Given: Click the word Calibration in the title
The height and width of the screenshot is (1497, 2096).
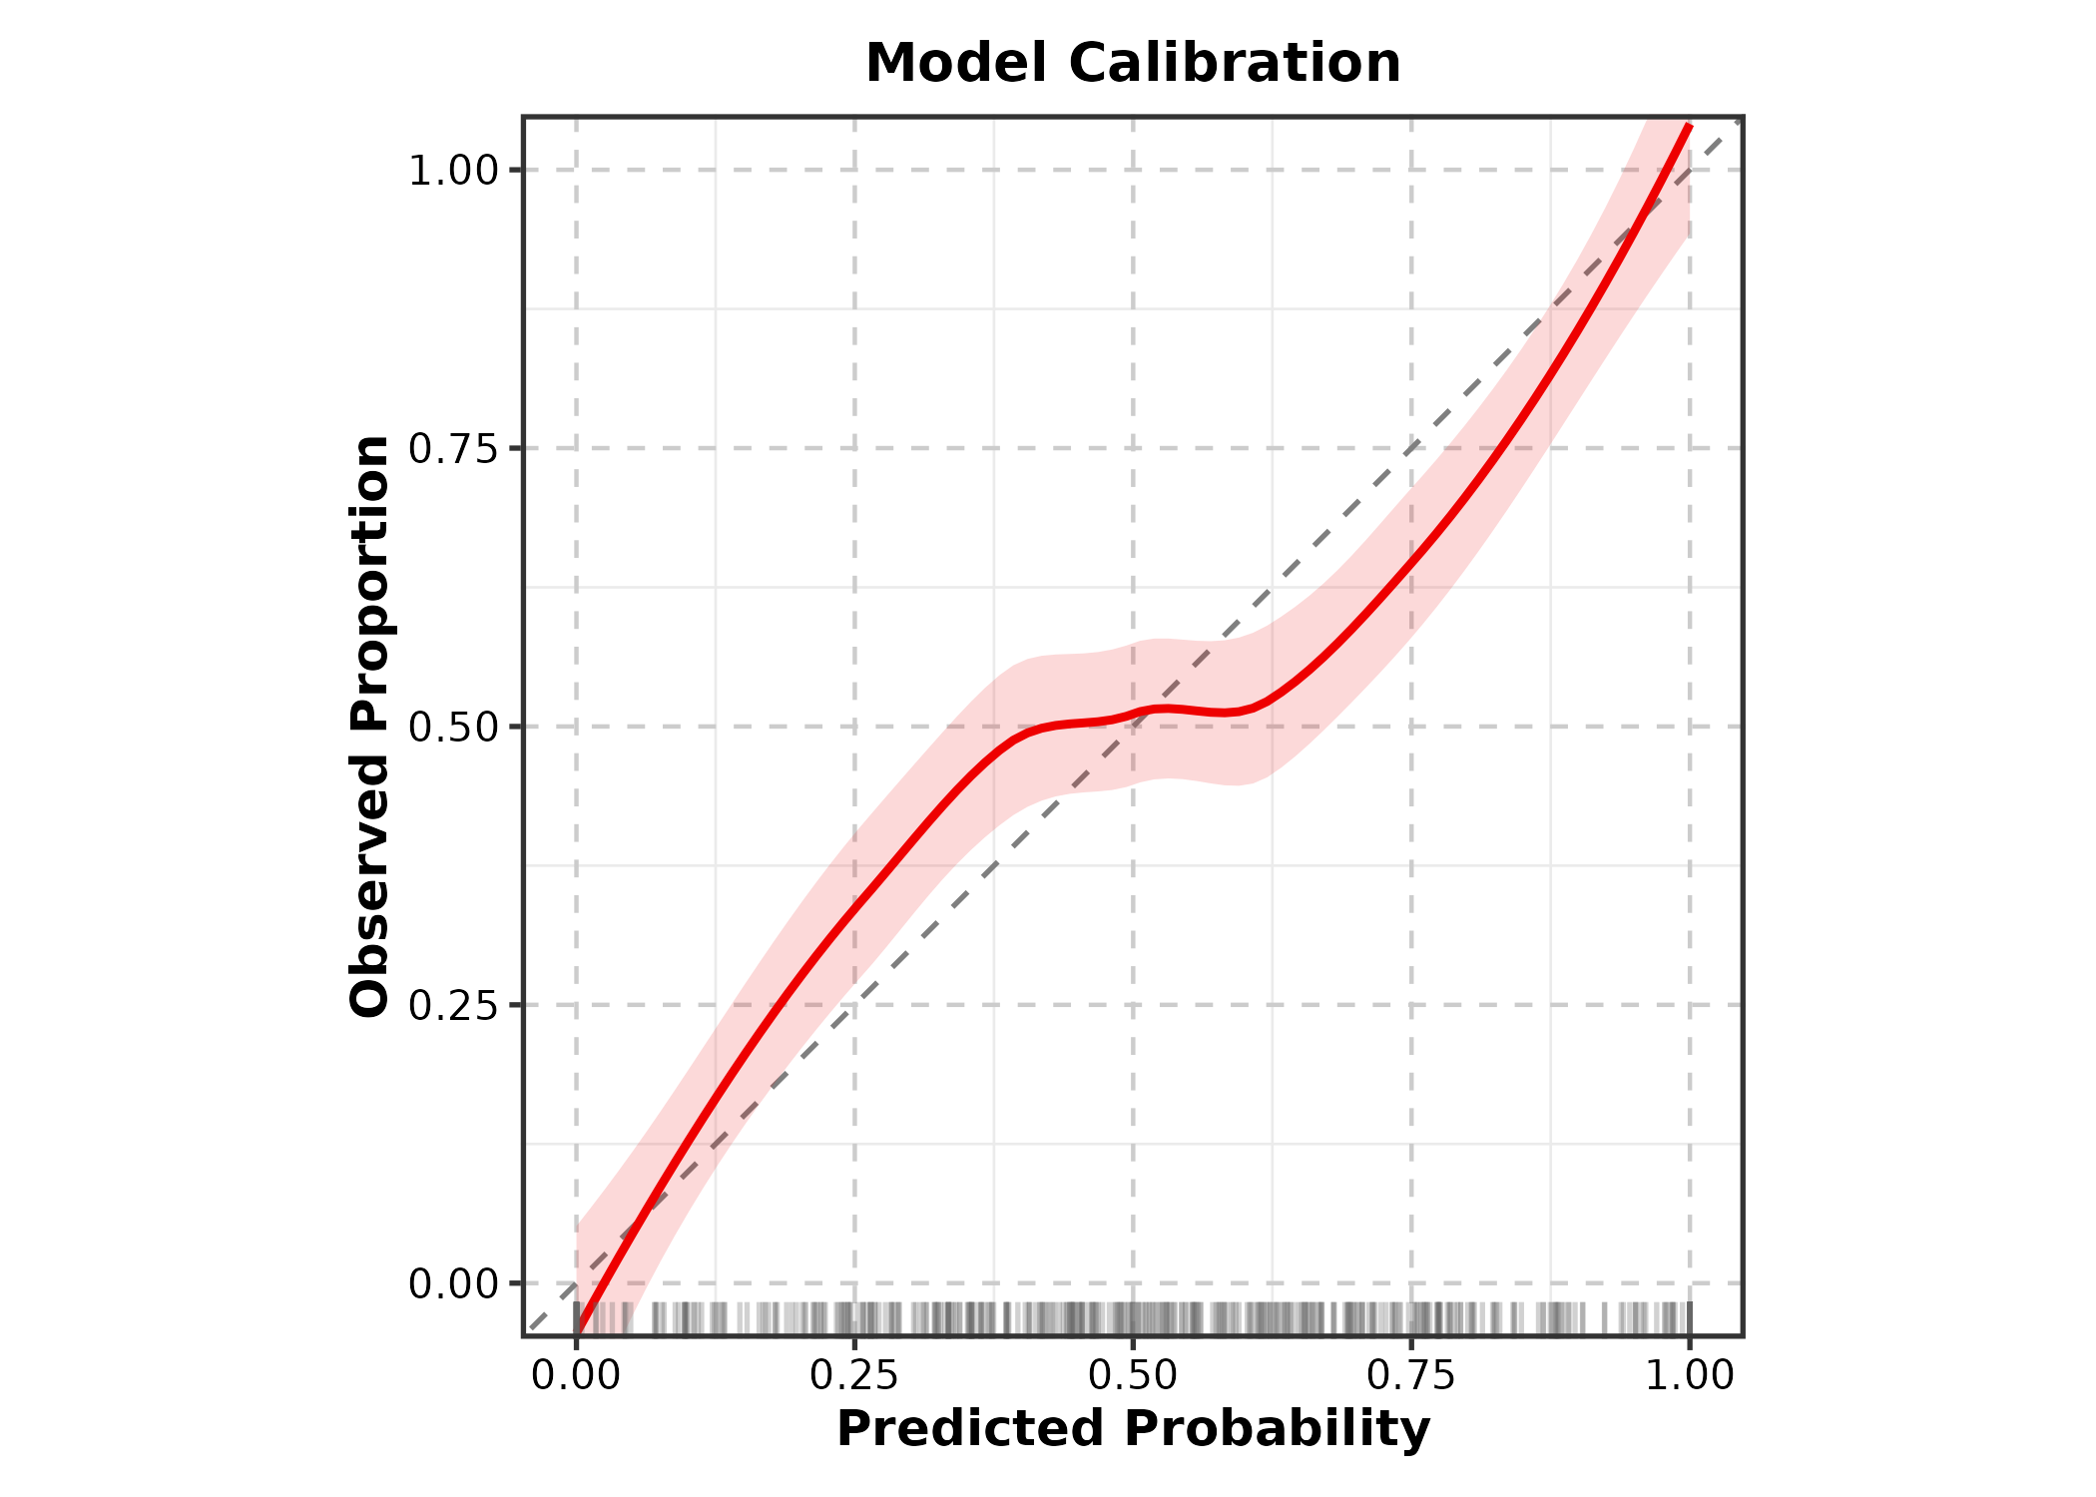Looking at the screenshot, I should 1235,64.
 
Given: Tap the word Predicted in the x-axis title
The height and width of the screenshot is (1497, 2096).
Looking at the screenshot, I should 969,1429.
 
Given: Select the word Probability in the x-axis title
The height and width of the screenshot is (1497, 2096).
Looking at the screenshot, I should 1278,1429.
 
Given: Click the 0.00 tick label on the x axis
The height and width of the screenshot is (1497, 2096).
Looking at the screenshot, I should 576,1376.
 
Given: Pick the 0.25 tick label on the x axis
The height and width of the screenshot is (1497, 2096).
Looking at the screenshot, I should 854,1376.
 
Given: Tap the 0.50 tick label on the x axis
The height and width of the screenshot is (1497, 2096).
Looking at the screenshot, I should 1133,1376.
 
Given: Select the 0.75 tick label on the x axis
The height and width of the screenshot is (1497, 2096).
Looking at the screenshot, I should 1411,1376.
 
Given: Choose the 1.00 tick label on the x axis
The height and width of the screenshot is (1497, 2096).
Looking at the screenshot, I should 1689,1376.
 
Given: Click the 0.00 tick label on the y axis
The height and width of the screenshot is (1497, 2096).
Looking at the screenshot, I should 453,1284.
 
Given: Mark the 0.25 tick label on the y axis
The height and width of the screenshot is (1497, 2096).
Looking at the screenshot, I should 453,1006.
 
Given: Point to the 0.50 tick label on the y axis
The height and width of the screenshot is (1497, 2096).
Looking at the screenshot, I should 453,728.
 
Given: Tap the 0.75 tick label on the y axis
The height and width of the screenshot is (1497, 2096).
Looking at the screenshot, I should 453,449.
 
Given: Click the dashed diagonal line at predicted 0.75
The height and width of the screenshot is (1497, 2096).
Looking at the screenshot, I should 1411,448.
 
